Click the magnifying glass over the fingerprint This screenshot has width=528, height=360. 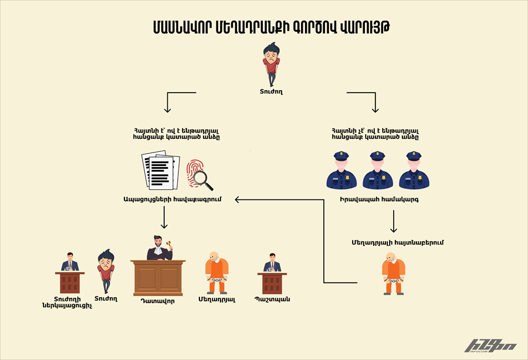point(203,178)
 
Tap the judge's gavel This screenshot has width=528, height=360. point(168,242)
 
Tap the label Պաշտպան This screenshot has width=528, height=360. point(272,299)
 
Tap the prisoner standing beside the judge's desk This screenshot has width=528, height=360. point(216,271)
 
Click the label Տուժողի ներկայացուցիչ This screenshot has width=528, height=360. point(67,302)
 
